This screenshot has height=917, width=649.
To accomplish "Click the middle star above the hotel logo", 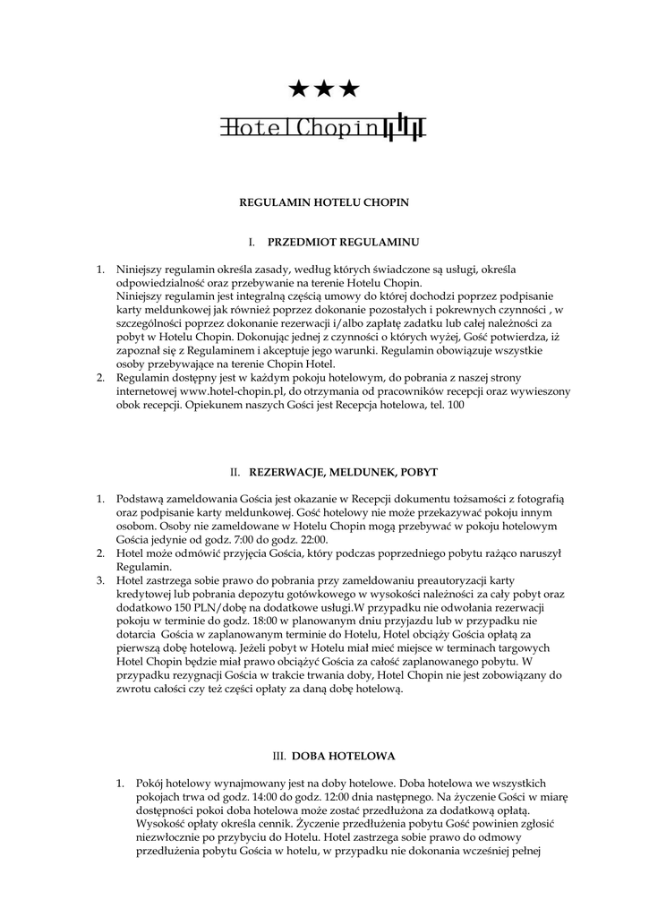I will click(324, 88).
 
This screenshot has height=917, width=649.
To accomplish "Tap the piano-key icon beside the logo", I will click(404, 128).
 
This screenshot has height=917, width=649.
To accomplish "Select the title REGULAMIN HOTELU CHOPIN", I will click(324, 202).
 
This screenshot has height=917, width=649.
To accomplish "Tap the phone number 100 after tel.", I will click(457, 405).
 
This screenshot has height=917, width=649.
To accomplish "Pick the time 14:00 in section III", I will click(280, 796).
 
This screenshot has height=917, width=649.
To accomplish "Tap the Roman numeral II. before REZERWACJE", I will click(235, 471).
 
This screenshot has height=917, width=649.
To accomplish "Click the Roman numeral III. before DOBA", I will click(278, 756).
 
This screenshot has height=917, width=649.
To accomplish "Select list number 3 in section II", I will click(100, 580).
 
